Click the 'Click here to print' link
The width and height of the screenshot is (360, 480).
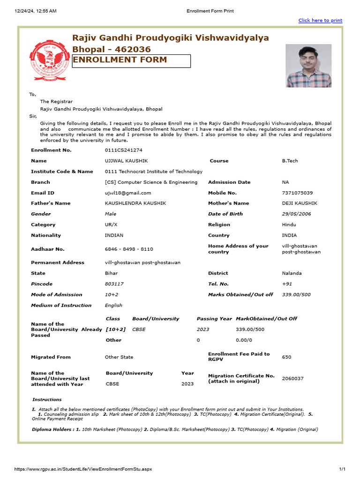[x=320, y=21]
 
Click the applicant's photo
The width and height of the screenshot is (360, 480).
[x=308, y=66]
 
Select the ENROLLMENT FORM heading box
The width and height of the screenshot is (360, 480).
[x=131, y=61]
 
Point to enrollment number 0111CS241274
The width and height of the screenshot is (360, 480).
[x=123, y=150]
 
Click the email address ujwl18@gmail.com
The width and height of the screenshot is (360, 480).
[x=128, y=193]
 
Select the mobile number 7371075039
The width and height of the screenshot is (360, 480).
[x=297, y=193]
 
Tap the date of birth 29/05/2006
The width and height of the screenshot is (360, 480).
[x=296, y=214]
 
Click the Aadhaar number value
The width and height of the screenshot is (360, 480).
[x=129, y=249]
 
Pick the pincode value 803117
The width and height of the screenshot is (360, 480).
[x=114, y=284]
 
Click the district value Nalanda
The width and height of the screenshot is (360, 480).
[x=292, y=273]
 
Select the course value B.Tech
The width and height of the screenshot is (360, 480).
[x=290, y=161]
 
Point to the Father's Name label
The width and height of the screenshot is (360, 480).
[x=51, y=203]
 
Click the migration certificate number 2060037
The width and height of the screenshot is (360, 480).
[x=292, y=378]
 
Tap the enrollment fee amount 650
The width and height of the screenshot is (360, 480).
[x=286, y=357]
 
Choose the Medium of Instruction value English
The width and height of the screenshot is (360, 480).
[x=113, y=305]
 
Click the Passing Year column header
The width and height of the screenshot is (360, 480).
[x=214, y=319]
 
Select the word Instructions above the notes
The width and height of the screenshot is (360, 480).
[x=47, y=400]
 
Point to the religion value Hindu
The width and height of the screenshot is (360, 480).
[x=289, y=225]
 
